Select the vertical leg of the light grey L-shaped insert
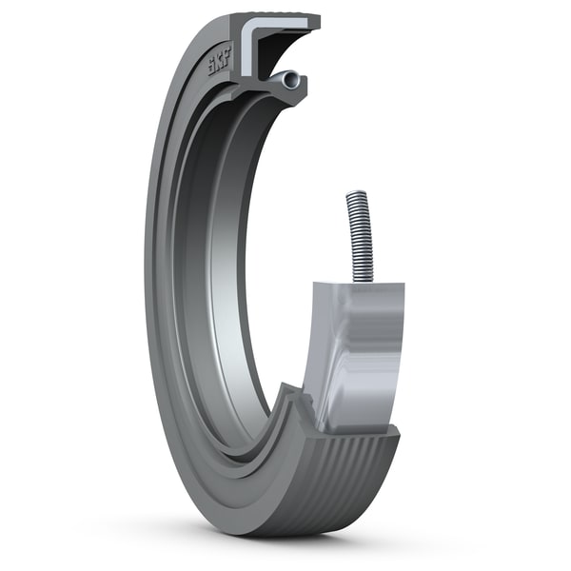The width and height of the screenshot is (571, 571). click(245, 52)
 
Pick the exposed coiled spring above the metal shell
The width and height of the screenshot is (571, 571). click(358, 233)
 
